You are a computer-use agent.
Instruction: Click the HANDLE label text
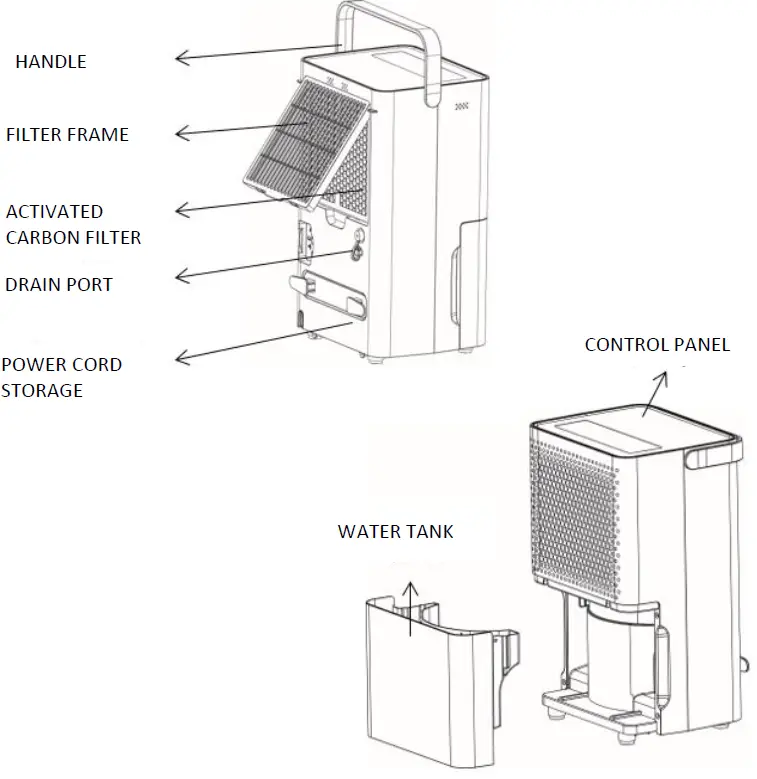(50, 61)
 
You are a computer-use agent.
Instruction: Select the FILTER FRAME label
(67, 134)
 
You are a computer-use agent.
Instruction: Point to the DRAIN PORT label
(59, 284)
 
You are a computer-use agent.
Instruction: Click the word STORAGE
(41, 390)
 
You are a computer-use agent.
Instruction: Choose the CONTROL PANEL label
(657, 345)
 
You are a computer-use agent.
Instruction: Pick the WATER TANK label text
(395, 531)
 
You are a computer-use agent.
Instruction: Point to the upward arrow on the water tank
(408, 608)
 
